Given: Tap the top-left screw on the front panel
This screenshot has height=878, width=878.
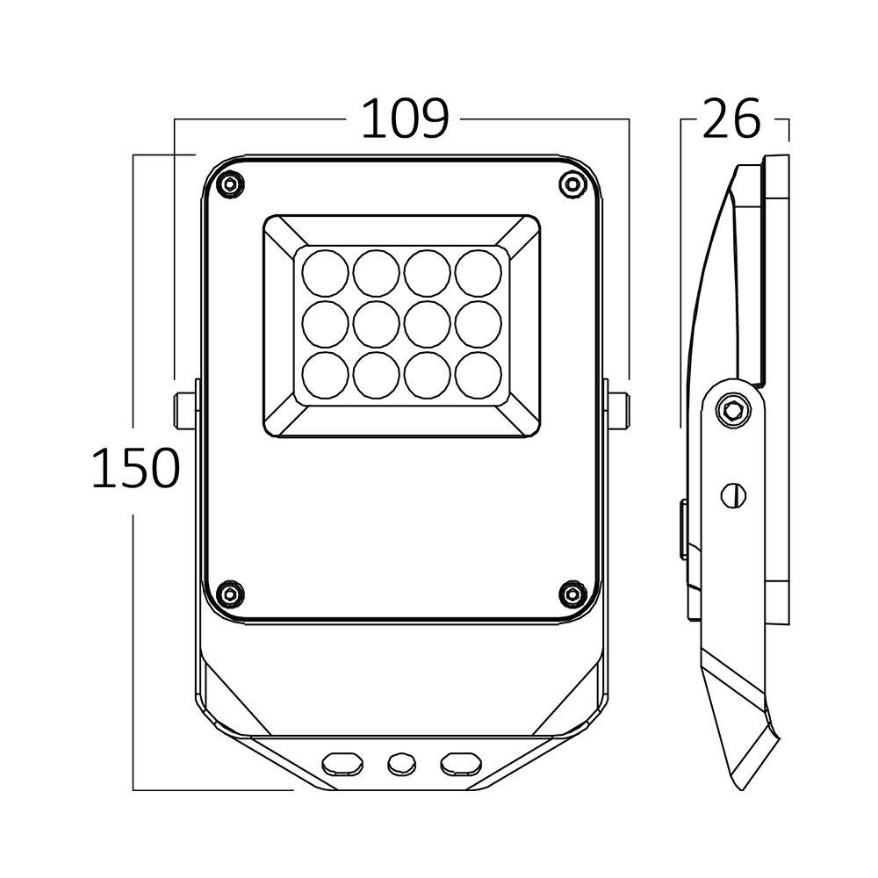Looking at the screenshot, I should click(230, 185).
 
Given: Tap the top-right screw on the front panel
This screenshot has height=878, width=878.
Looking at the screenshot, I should click(572, 184).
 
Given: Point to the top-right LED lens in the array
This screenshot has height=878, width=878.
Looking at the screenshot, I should click(479, 273).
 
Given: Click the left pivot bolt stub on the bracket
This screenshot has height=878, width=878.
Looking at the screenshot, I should click(184, 410).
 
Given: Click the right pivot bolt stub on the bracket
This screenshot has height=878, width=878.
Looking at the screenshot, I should click(617, 410).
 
